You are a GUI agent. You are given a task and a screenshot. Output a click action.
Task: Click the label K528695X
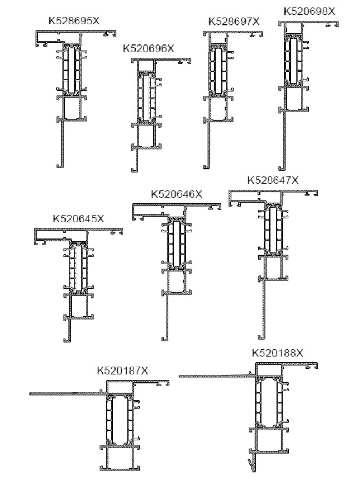click(74, 21)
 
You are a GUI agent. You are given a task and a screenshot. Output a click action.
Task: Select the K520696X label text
click(149, 48)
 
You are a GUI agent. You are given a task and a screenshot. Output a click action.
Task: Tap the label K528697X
click(234, 22)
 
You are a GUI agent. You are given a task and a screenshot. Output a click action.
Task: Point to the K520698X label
click(309, 11)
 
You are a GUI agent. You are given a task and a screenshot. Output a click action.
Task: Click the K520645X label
click(79, 219)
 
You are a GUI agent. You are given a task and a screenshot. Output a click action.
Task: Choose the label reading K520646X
click(177, 194)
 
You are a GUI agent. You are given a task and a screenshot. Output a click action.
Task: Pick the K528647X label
click(273, 180)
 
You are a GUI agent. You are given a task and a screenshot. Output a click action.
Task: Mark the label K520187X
click(123, 371)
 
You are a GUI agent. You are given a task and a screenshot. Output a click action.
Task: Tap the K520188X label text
click(278, 353)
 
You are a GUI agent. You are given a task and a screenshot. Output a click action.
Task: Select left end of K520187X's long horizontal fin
click(30, 394)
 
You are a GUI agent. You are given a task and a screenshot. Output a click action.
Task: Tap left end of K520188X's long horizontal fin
click(179, 376)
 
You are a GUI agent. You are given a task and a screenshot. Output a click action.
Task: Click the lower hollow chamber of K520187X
click(120, 458)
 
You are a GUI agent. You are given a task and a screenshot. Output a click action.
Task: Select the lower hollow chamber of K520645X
click(78, 306)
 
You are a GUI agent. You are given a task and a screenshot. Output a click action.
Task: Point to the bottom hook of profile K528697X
click(207, 167)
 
